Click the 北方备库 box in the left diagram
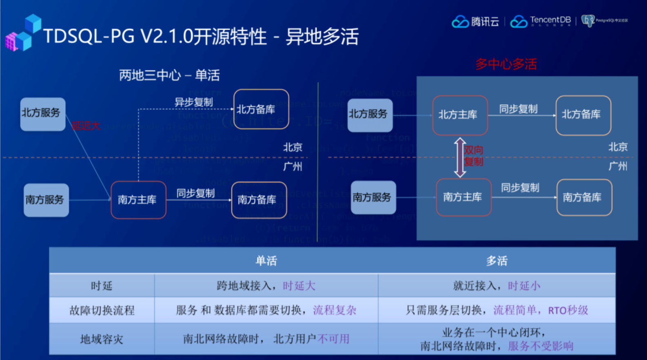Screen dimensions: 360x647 261,109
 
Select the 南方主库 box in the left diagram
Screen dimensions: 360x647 138,200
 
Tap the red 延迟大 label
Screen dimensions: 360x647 86,126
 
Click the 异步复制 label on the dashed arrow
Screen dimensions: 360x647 193,102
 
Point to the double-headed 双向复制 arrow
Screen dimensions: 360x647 460,157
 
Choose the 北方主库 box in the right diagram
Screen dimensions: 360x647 460,115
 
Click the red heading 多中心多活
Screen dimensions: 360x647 506,64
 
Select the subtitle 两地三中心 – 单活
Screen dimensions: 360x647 169,75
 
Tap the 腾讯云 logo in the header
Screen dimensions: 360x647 476,21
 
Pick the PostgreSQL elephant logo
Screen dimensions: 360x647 588,20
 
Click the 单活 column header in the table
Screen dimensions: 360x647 266,261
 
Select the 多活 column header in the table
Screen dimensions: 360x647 496,261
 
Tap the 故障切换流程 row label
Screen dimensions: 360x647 102,310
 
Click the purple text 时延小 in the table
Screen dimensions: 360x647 524,286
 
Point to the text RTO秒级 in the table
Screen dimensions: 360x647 568,310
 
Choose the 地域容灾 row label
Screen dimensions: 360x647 102,339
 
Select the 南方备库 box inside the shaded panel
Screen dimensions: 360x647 584,197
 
